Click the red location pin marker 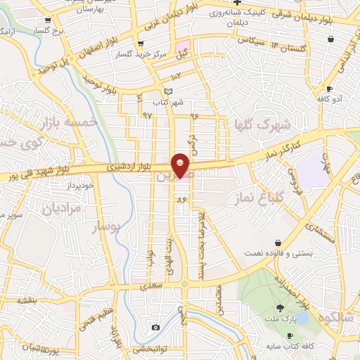[181, 165]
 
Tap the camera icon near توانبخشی [155, 327]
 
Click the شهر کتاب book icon [167, 91]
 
